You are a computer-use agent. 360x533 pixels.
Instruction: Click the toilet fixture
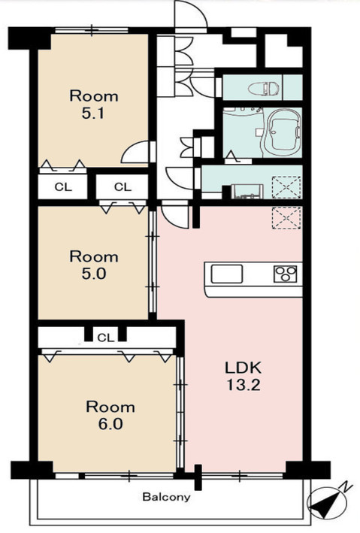click(264, 89)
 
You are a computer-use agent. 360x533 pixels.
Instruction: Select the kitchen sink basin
click(226, 274)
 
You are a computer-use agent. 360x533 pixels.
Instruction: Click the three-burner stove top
click(285, 274)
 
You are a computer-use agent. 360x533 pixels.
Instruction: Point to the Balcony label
click(166, 498)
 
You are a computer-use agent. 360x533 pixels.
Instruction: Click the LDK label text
click(244, 368)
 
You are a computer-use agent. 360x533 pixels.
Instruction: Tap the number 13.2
click(244, 385)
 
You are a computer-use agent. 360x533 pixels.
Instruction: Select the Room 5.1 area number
click(92, 114)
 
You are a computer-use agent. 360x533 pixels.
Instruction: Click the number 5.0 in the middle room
click(93, 274)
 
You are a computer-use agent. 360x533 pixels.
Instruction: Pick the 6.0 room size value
click(110, 424)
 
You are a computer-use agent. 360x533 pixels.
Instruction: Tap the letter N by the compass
click(346, 487)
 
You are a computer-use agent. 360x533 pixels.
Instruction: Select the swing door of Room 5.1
click(135, 153)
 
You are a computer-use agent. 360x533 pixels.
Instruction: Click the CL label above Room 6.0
click(106, 338)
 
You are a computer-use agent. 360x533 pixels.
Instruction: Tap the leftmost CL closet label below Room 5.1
click(63, 187)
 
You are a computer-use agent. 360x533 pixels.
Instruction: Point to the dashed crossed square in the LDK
click(286, 219)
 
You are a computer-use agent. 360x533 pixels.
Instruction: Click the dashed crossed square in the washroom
click(286, 187)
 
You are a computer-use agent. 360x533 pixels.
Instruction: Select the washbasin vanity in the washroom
click(247, 191)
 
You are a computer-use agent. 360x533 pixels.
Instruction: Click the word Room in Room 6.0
click(110, 407)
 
